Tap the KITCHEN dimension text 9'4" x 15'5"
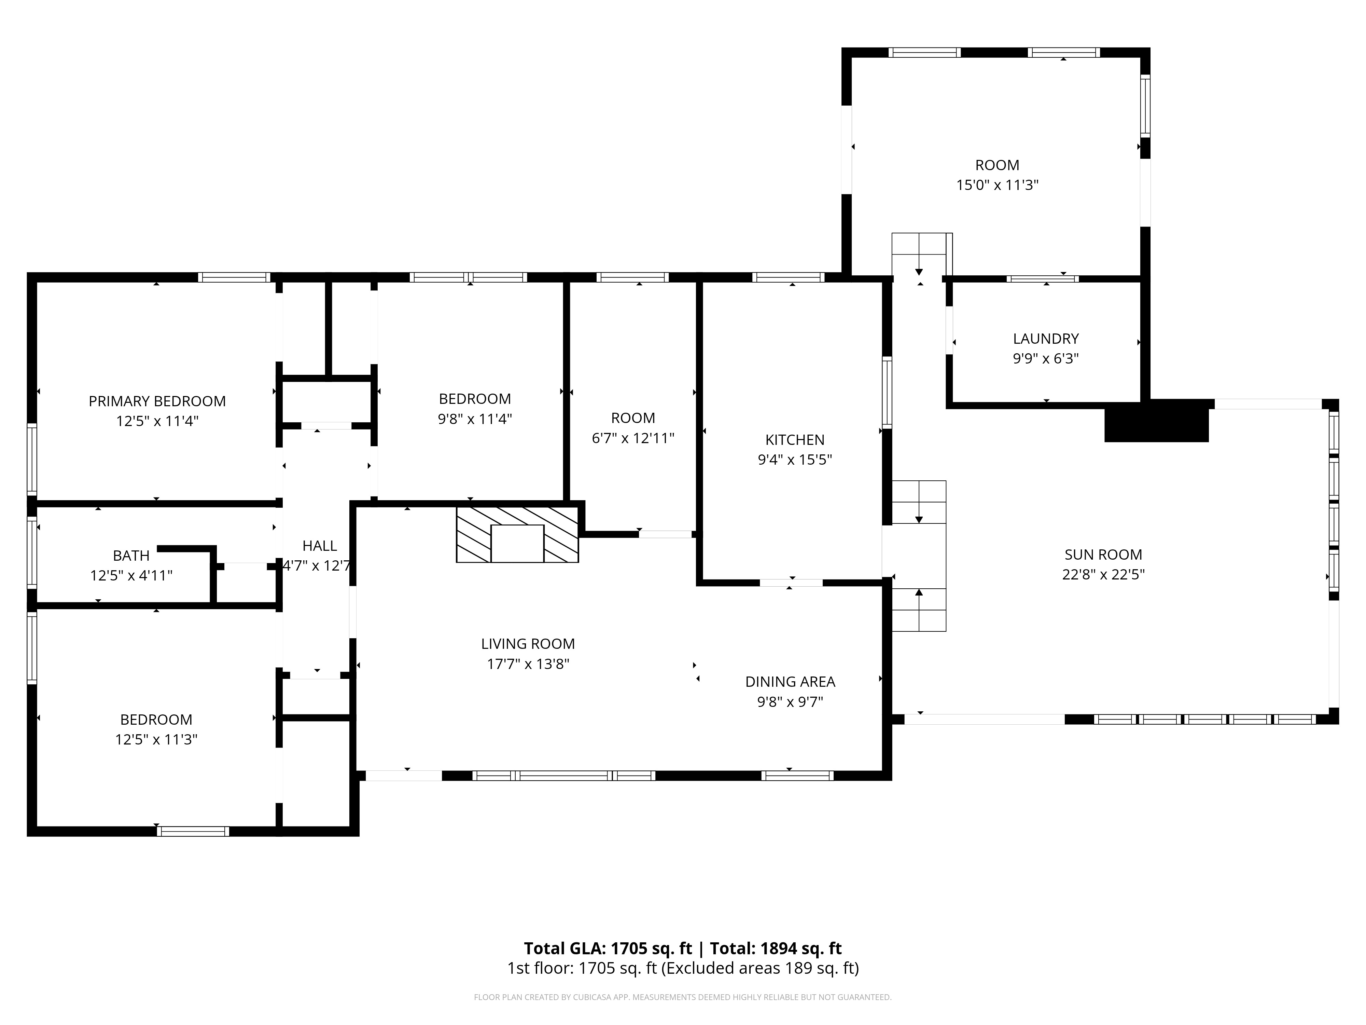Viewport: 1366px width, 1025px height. tap(795, 460)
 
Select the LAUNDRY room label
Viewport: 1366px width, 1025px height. tap(1045, 339)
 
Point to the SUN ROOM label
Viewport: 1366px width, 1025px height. tap(1103, 555)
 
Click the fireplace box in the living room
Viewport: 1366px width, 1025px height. tap(517, 544)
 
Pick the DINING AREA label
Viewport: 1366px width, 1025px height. tap(790, 682)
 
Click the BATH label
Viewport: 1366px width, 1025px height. tap(131, 556)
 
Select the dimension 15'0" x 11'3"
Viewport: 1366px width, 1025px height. tap(997, 185)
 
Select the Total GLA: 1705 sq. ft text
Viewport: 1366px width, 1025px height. tap(608, 948)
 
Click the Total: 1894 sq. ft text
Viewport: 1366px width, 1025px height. tap(776, 948)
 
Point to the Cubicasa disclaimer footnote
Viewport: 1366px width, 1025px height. tap(682, 997)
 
